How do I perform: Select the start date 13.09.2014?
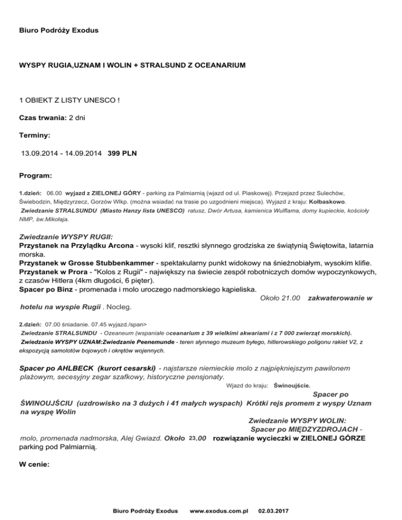point(38,154)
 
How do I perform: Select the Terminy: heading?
point(35,135)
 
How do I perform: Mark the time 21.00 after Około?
point(291,298)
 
